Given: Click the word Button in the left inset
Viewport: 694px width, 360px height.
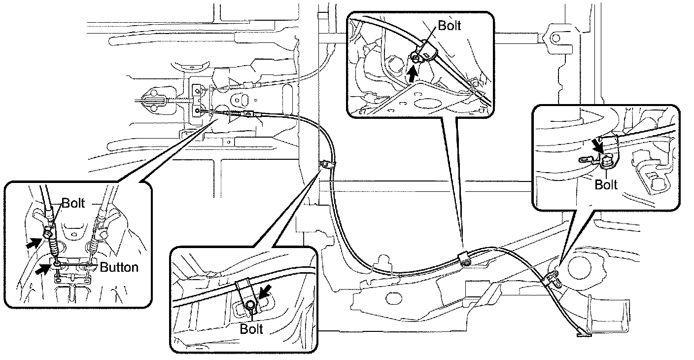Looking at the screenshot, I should [x=119, y=267].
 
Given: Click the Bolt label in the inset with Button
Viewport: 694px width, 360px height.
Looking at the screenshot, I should [x=73, y=203].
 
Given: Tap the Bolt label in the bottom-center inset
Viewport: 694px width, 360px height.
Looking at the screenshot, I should [x=251, y=328].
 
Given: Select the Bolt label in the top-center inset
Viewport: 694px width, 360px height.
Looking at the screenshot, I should [x=449, y=26].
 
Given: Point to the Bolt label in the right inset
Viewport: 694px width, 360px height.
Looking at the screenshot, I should [x=606, y=184].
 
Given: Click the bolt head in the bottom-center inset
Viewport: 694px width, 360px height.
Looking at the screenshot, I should [x=251, y=305].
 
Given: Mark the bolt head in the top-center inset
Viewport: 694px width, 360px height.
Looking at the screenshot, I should [x=416, y=59].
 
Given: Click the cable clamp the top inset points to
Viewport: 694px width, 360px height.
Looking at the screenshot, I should [x=463, y=258].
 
